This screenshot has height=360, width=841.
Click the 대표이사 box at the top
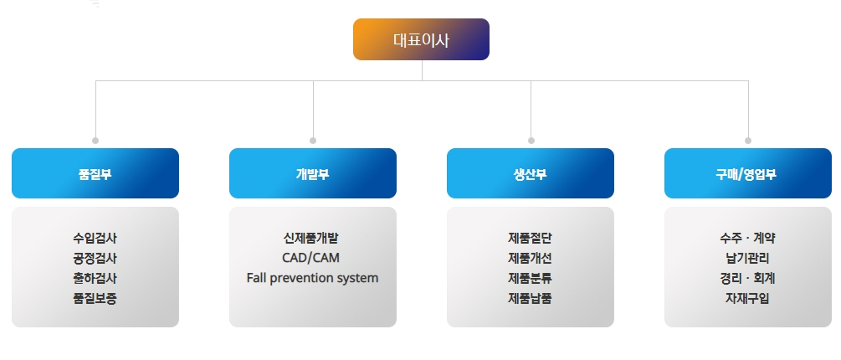click(421, 39)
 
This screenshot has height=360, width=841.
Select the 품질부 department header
click(95, 173)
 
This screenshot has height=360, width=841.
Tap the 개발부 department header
click(313, 173)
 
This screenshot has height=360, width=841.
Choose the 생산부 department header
click(531, 173)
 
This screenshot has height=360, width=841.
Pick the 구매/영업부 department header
click(747, 173)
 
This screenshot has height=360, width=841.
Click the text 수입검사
click(95, 238)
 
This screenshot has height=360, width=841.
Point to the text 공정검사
click(95, 258)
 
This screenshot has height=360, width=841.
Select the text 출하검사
click(95, 278)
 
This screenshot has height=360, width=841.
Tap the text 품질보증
click(95, 298)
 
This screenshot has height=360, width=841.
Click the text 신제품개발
click(311, 238)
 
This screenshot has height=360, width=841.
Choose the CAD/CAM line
click(311, 258)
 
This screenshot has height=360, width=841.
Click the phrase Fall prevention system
click(313, 279)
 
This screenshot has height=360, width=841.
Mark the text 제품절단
click(530, 238)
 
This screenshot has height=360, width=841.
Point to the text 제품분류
click(530, 278)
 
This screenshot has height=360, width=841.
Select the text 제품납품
click(530, 298)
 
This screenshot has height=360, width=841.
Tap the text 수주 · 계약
click(747, 238)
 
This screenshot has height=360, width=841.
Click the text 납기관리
click(747, 258)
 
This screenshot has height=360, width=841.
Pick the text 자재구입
click(747, 298)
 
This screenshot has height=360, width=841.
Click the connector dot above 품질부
click(95, 141)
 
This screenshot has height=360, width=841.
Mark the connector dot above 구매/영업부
click(748, 141)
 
